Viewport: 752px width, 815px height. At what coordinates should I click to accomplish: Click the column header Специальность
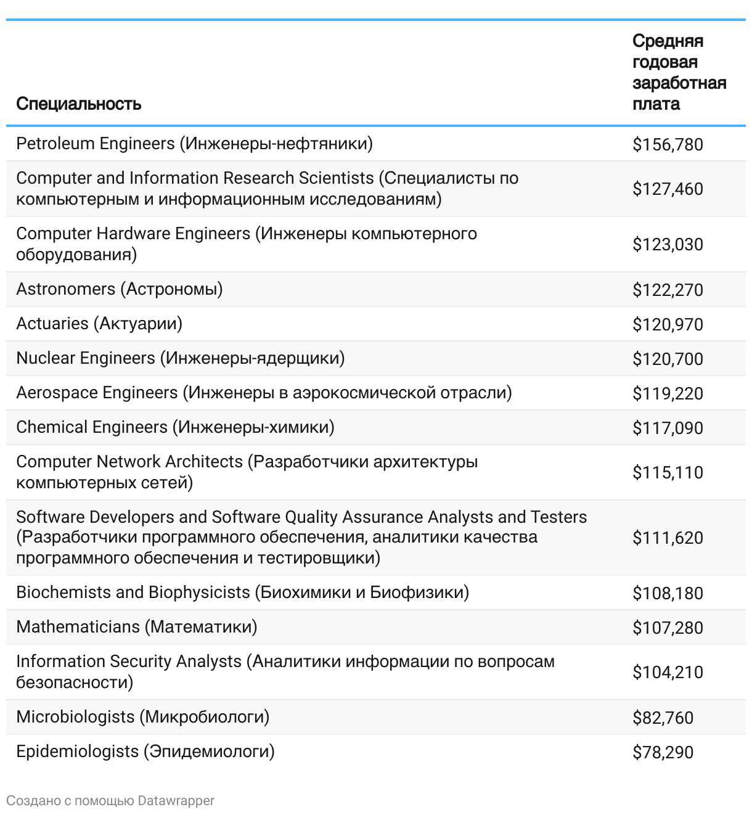79,104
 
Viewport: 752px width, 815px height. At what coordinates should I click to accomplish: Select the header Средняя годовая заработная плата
679,72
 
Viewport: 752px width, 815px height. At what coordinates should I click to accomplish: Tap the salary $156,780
668,145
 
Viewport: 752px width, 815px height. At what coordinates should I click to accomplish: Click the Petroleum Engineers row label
194,144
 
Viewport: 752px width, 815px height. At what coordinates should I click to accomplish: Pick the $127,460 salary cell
668,189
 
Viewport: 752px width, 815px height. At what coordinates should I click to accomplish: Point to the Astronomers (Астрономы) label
120,289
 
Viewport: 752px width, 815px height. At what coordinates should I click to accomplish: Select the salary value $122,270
668,290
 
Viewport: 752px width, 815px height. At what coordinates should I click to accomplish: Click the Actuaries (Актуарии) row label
99,324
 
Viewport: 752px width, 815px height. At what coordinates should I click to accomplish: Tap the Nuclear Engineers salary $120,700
668,359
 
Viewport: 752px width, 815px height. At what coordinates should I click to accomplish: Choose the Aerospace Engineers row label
264,393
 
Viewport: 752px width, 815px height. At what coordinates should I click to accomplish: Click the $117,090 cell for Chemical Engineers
668,428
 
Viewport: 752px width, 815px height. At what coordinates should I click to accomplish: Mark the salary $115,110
668,473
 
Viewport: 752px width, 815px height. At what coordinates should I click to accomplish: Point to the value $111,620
668,538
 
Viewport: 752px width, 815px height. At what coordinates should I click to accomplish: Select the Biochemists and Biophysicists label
242,592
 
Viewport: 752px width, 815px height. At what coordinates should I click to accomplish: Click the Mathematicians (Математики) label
137,627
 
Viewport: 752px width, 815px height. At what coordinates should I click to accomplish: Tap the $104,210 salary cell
668,673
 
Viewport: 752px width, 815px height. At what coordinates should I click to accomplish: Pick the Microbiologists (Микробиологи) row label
143,717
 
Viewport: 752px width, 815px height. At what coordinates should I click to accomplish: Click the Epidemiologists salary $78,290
663,753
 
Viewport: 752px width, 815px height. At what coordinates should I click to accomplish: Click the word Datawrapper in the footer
176,801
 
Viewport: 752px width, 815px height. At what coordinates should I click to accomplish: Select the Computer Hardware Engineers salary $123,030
668,245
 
